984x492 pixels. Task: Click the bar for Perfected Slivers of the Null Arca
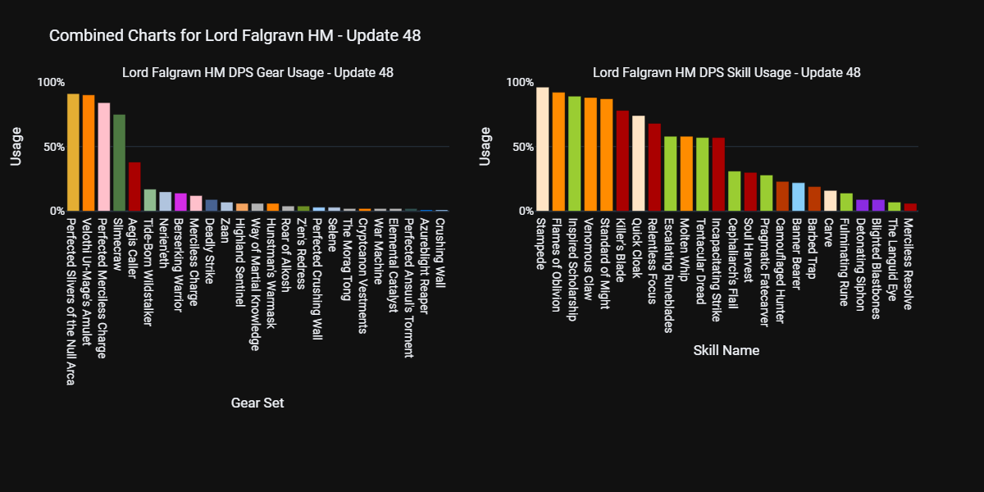(x=73, y=153)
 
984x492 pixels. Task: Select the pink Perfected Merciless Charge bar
(x=103, y=157)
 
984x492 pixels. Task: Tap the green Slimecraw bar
(x=119, y=162)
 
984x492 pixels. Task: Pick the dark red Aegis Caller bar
(x=134, y=186)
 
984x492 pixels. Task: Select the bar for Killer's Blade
(x=622, y=161)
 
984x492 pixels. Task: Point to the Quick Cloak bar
(x=638, y=163)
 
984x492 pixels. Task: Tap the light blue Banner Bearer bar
(x=799, y=197)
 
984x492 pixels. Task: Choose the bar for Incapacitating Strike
(x=718, y=174)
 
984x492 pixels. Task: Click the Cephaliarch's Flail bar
(x=735, y=191)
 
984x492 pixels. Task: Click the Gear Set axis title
(x=257, y=403)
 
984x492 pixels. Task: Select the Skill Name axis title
(x=726, y=350)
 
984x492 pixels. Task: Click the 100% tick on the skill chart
(x=520, y=83)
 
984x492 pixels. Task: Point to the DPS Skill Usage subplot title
(x=726, y=72)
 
